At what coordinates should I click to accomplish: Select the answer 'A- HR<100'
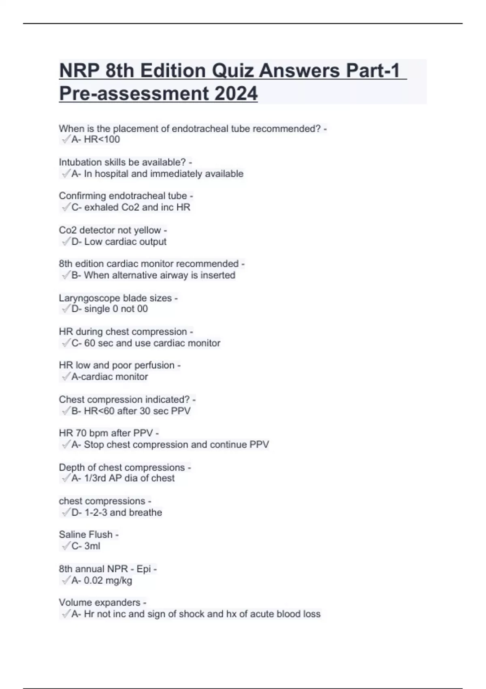(96, 140)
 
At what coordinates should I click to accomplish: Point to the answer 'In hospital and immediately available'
(164, 174)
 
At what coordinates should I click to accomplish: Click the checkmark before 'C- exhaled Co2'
(66, 208)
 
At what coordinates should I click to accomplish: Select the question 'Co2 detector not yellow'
(110, 230)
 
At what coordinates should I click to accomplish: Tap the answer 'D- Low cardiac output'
(119, 242)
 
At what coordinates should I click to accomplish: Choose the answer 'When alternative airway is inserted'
(160, 276)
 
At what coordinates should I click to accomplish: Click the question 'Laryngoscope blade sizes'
(115, 298)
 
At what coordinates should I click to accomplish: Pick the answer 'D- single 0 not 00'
(109, 309)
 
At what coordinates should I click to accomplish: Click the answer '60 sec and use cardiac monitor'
(152, 343)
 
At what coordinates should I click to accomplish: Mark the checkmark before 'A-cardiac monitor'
(66, 377)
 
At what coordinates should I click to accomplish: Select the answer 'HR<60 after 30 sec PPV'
(137, 411)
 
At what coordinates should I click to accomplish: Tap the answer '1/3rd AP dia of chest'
(129, 478)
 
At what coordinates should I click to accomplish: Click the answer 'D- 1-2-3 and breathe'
(117, 513)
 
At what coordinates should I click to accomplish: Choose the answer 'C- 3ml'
(86, 546)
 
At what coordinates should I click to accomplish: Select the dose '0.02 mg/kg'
(108, 581)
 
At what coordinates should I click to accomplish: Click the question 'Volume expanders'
(100, 603)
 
